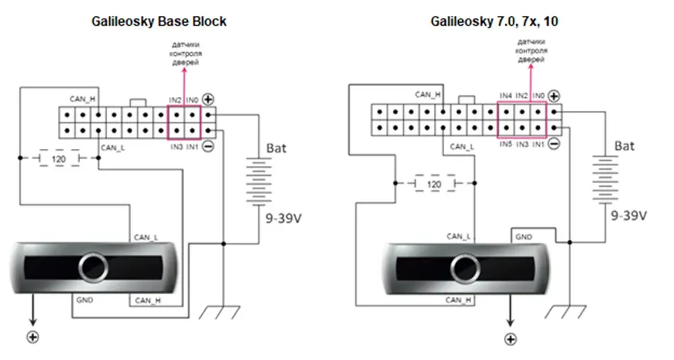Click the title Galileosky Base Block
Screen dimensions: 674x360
(158, 21)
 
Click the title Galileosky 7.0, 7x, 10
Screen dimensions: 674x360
(494, 21)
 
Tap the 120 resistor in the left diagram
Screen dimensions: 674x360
(59, 159)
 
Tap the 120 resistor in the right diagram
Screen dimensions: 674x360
(435, 183)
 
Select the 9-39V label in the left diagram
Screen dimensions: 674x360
(283, 219)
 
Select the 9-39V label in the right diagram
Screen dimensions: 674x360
(629, 215)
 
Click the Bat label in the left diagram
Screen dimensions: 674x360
(276, 148)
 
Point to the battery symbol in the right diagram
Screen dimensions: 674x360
(605, 179)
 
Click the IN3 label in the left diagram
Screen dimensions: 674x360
(176, 147)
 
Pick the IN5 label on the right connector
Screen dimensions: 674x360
(506, 145)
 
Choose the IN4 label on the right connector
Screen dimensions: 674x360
(506, 96)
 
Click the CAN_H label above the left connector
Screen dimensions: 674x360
(82, 100)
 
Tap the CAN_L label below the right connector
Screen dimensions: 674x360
(462, 147)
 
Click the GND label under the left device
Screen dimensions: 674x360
(84, 300)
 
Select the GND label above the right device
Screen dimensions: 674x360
(524, 237)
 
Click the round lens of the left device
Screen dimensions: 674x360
(93, 267)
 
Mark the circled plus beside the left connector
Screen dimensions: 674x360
(208, 100)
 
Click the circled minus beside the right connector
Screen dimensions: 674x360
(554, 144)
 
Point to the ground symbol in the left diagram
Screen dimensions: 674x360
(219, 312)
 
